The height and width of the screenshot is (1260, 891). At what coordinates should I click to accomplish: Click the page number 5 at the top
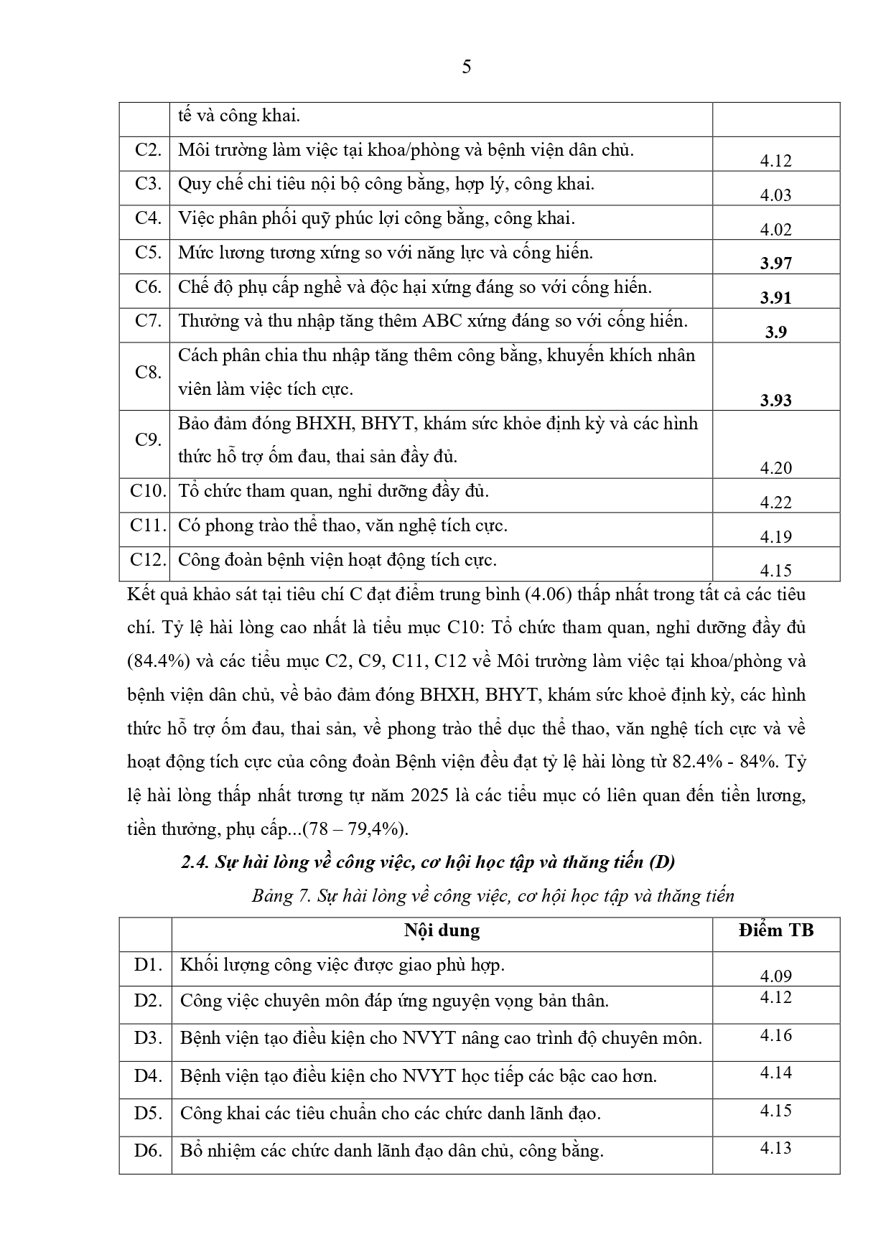pos(467,67)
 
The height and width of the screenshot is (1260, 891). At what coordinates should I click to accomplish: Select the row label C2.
pos(148,150)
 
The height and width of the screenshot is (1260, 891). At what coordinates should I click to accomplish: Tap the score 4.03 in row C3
pos(775,195)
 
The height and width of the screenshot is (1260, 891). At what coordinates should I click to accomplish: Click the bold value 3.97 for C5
pos(775,263)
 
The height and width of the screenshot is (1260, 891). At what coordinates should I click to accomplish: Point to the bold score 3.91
pos(775,297)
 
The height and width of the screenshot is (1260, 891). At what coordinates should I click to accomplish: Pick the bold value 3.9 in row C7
pos(775,332)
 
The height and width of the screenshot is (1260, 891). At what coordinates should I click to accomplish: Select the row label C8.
pos(148,372)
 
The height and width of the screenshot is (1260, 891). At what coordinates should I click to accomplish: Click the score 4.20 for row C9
pos(775,468)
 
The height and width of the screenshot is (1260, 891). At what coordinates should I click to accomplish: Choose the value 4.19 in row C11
pos(775,536)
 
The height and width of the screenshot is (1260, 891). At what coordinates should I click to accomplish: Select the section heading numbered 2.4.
pos(429,862)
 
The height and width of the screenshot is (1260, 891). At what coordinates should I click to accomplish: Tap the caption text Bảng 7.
pos(279,896)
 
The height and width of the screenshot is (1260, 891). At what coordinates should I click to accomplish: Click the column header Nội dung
pos(442,930)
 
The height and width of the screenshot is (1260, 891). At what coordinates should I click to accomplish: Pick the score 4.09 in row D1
pos(775,976)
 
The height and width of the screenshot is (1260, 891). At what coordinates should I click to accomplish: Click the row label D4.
pos(148,1076)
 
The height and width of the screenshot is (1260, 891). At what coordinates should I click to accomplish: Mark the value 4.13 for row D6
pos(775,1147)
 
